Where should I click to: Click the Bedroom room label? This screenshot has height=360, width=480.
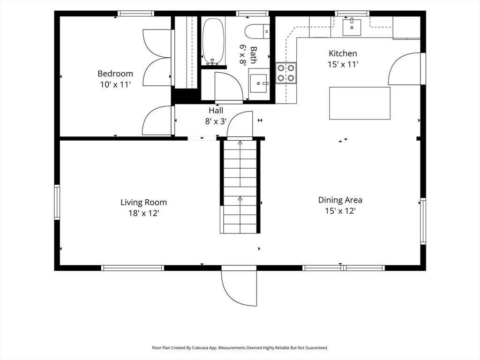click(115, 74)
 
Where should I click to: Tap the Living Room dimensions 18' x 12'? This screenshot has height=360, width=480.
click(143, 213)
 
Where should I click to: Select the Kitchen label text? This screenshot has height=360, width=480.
click(343, 53)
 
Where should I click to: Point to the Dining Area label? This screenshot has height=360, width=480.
click(340, 200)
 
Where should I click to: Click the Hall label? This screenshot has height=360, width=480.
click(216, 111)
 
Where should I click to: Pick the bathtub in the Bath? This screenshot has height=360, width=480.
click(213, 41)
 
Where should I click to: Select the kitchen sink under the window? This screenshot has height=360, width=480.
click(352, 27)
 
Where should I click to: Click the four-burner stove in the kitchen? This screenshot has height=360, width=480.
click(286, 73)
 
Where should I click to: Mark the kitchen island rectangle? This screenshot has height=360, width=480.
click(360, 103)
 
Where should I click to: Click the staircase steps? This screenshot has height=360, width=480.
click(240, 187)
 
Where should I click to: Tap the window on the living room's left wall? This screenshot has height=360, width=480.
click(57, 202)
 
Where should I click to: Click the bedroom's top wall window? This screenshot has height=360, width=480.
click(135, 13)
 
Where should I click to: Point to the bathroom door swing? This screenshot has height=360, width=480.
click(229, 88)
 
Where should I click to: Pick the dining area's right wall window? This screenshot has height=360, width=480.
click(423, 221)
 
